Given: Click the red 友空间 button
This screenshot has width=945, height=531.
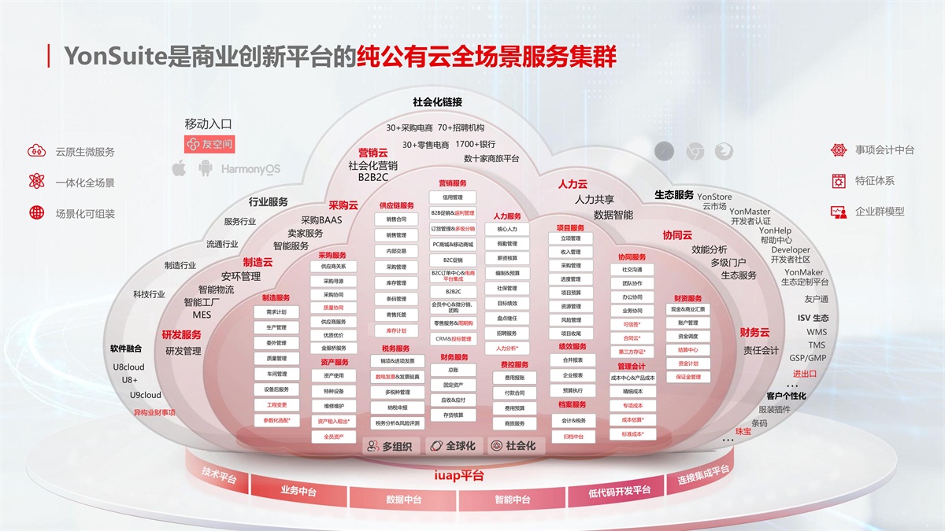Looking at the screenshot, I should [209, 145].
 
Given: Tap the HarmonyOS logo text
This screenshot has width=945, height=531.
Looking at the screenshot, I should [250, 169].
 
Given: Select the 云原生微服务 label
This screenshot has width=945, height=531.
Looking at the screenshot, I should [85, 152].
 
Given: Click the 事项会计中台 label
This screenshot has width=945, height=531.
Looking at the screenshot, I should [884, 149].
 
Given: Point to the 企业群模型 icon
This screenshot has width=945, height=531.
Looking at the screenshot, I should [839, 212].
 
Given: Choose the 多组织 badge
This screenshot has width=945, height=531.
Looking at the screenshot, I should [391, 446].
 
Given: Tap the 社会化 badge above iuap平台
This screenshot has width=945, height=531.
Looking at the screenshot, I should [513, 446].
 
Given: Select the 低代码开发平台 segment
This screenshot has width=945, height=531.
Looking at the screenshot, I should [620, 492].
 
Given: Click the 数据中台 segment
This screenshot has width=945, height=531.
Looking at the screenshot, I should [404, 500].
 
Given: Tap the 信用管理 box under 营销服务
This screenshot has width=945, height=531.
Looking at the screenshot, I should [453, 197].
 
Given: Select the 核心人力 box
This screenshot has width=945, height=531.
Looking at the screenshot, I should [507, 230].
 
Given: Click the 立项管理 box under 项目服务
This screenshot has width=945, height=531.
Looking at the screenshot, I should [571, 239].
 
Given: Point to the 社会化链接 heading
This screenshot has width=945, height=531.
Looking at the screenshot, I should [437, 102].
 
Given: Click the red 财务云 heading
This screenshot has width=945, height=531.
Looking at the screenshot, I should [754, 333].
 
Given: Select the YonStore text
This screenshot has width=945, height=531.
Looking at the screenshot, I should [714, 197].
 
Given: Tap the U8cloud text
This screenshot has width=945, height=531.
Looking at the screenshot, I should [129, 367].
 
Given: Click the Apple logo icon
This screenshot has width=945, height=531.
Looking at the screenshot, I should [179, 168].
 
